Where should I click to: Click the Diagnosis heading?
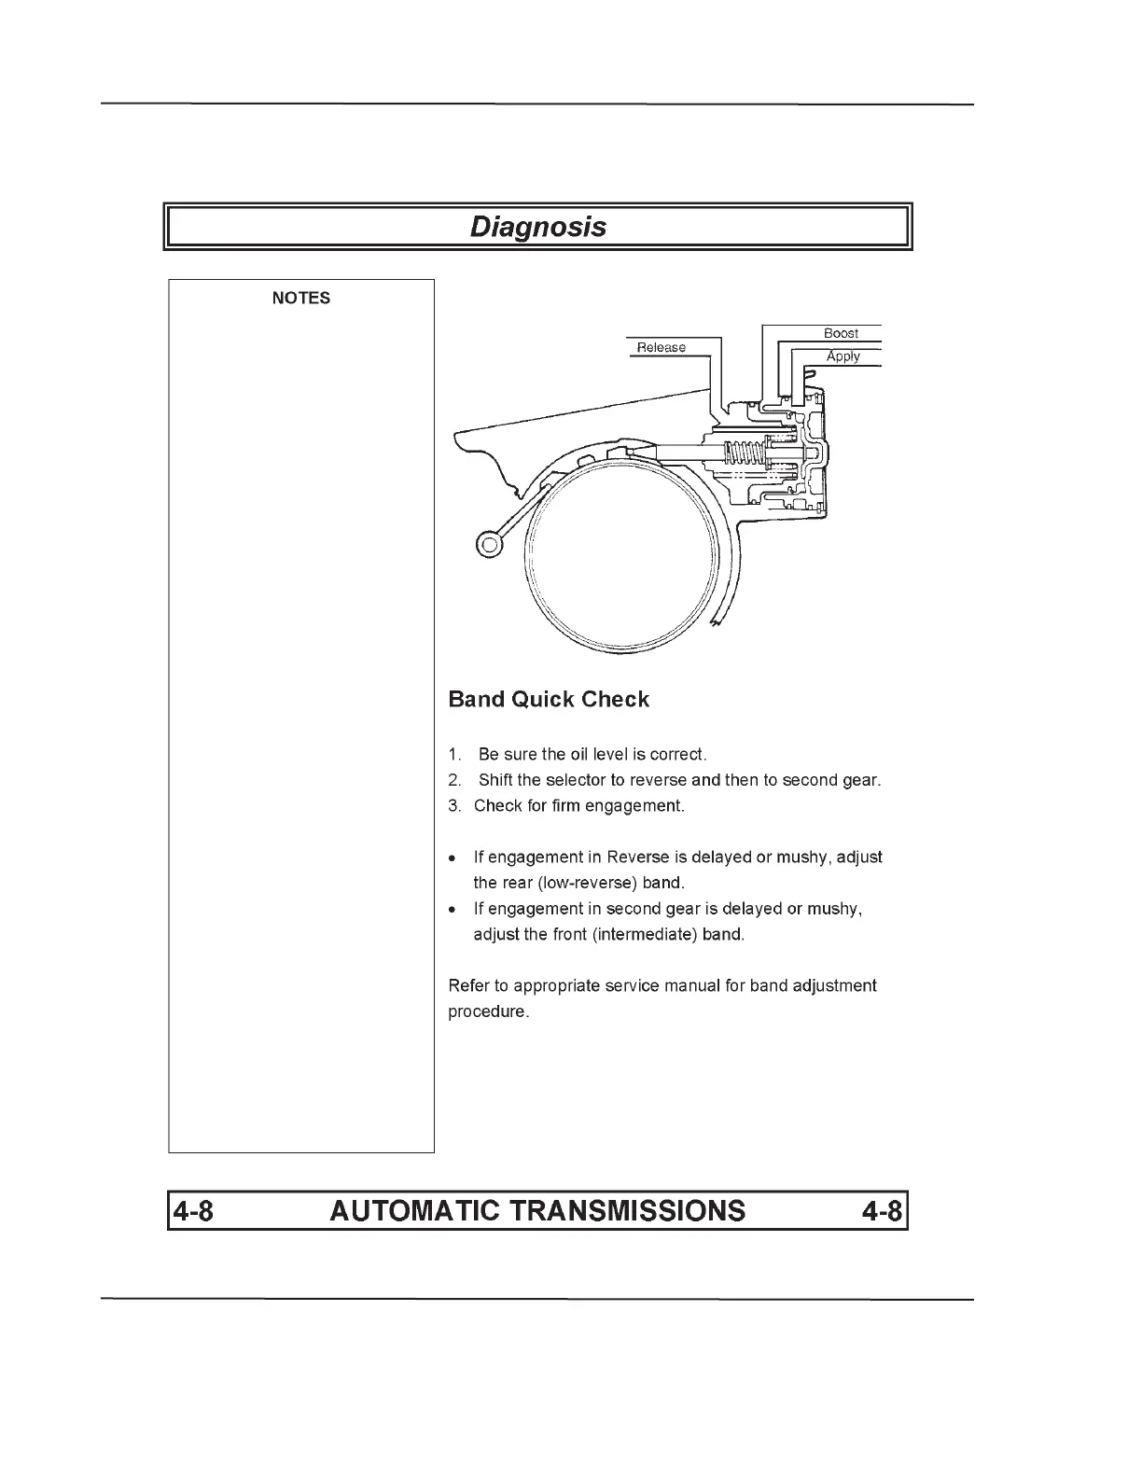(537, 227)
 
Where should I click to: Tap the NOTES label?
(300, 299)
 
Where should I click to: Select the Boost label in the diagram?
(841, 333)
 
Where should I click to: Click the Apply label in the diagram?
(843, 356)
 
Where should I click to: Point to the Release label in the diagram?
(661, 347)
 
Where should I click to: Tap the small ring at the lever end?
(489, 543)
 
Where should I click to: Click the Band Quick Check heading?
(549, 700)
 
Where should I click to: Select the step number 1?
(454, 754)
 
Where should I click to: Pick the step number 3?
(454, 806)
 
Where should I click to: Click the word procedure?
(488, 1012)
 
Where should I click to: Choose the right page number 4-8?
(882, 1211)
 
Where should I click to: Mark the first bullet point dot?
(453, 858)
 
